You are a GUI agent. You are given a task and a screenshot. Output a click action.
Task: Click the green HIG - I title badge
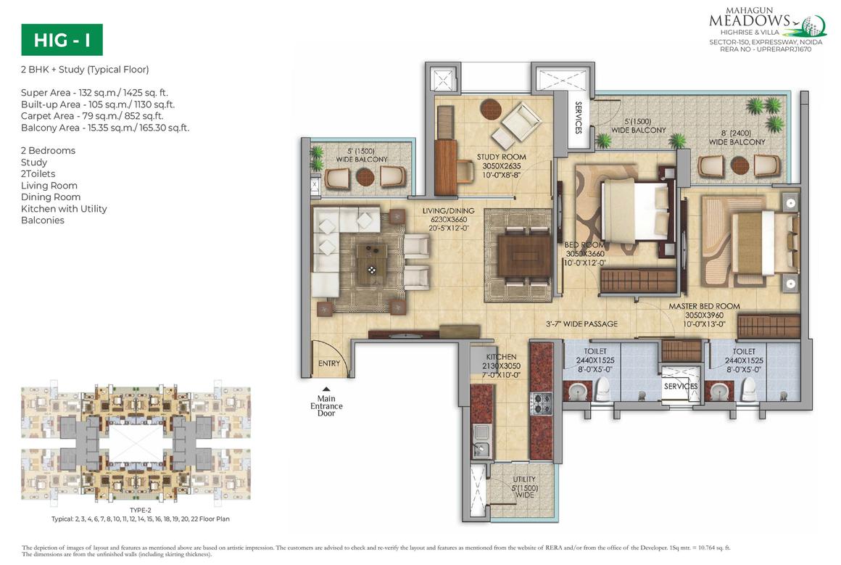point(62,40)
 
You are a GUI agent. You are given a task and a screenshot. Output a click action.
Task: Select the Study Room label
point(501,157)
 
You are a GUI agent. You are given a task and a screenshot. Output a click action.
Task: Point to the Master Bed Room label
point(704,306)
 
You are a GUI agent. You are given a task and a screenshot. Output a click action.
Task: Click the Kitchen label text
point(501,357)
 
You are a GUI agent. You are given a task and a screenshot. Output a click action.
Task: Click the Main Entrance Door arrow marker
point(326,389)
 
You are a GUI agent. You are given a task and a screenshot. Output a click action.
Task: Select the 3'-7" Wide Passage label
point(581,323)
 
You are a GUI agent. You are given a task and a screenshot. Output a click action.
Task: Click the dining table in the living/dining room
point(524,256)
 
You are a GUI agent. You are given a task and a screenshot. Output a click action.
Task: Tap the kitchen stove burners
point(540,403)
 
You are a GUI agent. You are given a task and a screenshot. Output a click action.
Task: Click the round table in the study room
point(490,110)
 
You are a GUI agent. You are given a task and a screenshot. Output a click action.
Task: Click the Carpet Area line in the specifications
point(92,116)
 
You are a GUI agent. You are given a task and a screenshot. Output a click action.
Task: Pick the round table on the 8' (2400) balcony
point(739,165)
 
